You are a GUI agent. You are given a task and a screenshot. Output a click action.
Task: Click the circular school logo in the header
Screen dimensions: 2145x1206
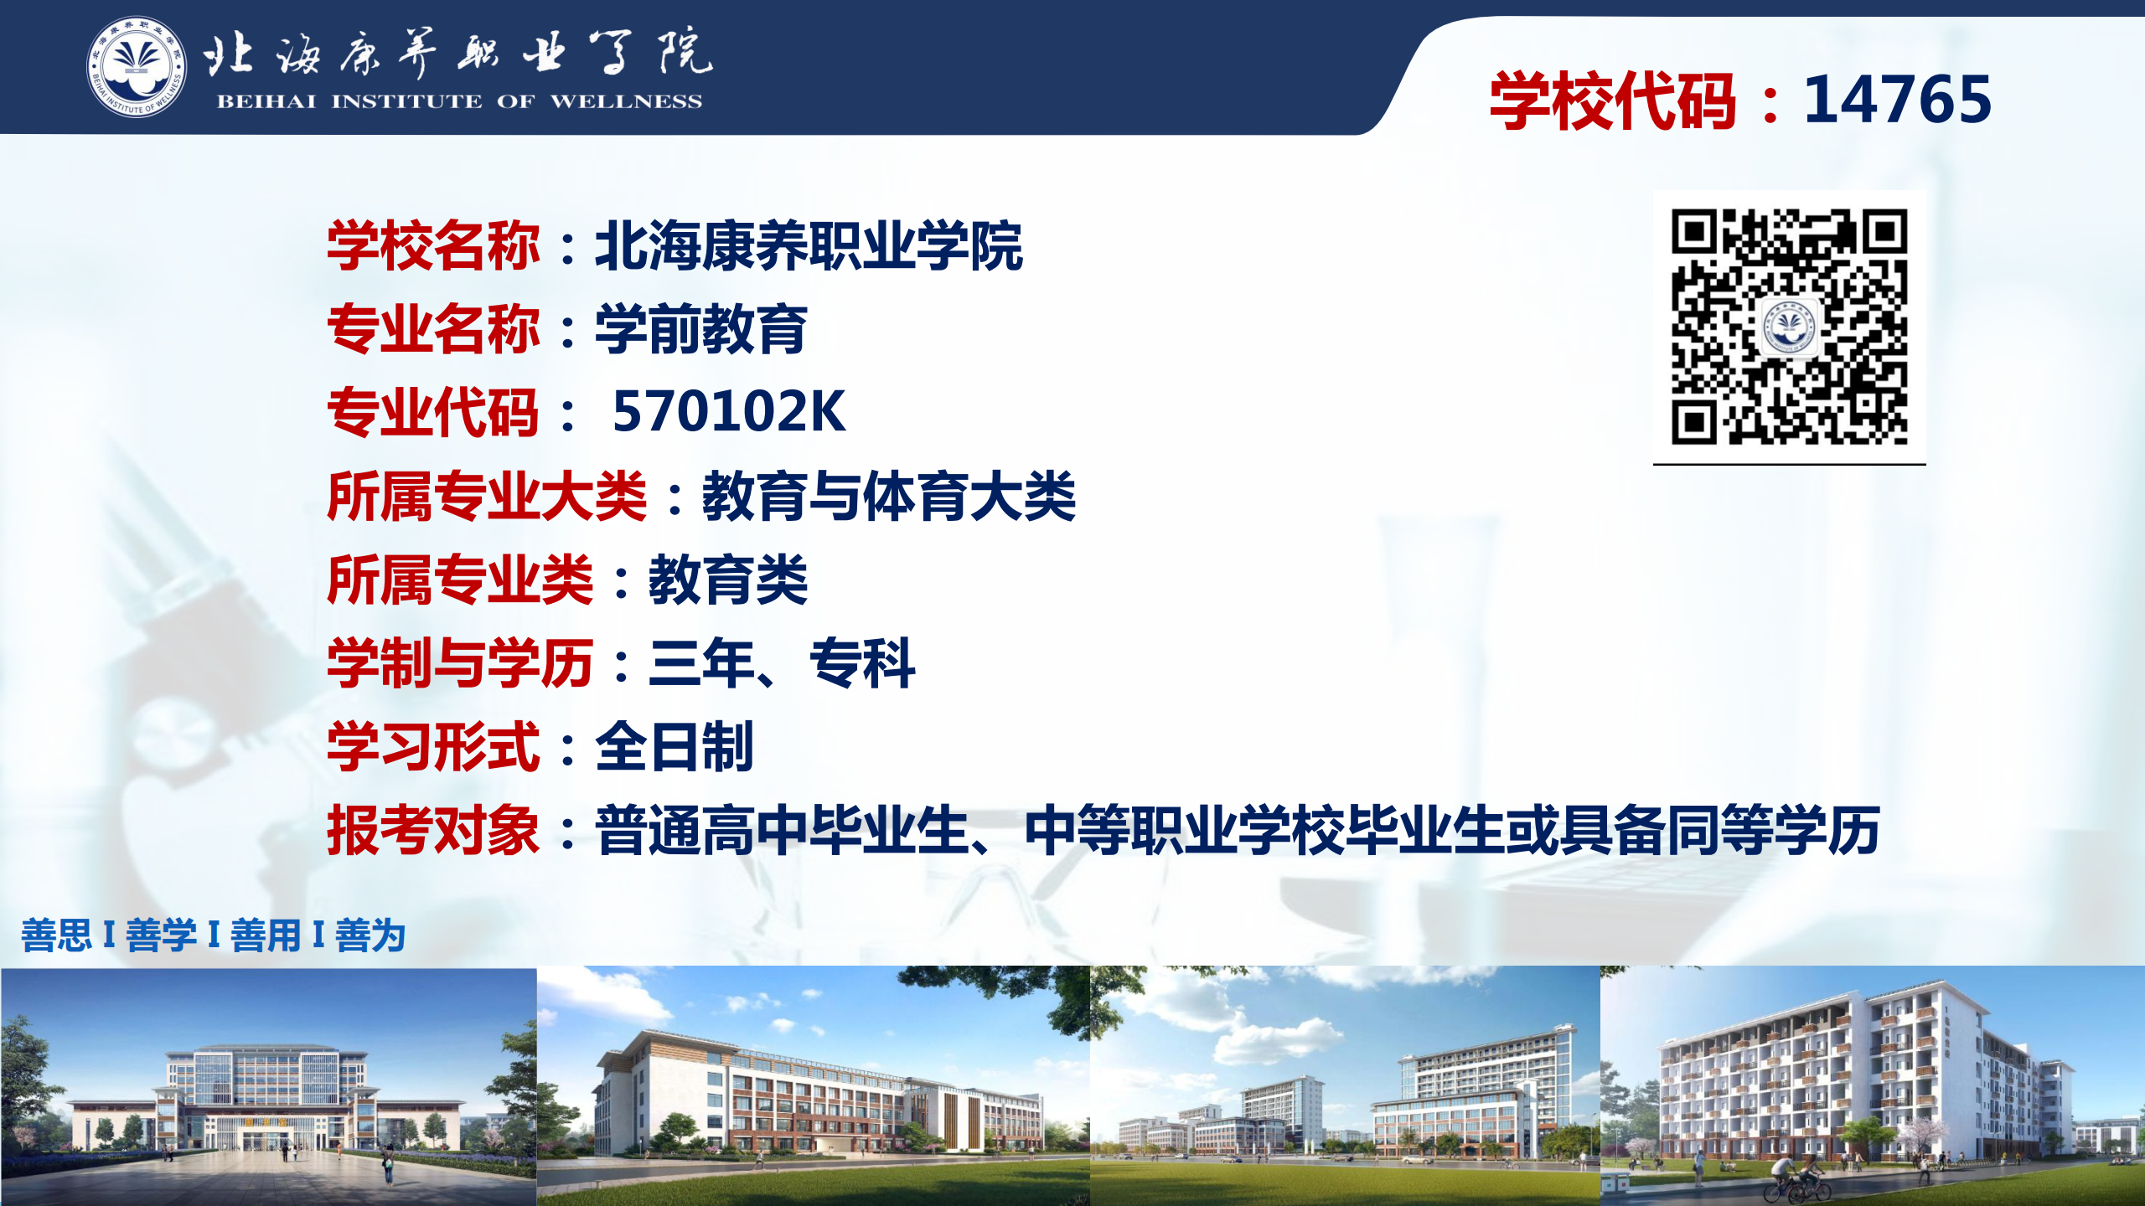[x=137, y=67]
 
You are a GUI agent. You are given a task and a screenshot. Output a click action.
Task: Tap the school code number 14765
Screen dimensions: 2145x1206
[x=1897, y=100]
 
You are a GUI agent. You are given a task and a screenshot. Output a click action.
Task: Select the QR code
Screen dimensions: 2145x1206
[x=1790, y=327]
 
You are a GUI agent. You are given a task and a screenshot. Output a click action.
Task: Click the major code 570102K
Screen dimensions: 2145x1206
[x=728, y=412]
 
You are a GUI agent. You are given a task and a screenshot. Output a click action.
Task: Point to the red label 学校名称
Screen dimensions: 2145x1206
[x=433, y=246]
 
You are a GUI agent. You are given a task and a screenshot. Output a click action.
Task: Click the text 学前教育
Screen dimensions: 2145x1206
[x=700, y=329]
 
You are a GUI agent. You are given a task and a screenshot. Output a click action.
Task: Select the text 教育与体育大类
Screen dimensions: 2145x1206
[x=888, y=496]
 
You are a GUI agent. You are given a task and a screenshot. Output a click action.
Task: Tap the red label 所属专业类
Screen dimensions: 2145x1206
[x=460, y=580]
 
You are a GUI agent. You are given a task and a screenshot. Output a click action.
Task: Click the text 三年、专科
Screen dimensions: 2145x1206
[x=781, y=663]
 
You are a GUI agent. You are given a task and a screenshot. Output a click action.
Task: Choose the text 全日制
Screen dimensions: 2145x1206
[x=674, y=747]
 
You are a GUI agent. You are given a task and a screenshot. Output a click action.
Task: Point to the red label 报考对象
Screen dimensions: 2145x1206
[x=433, y=831]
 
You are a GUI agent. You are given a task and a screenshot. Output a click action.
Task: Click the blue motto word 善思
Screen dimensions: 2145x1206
[x=56, y=935]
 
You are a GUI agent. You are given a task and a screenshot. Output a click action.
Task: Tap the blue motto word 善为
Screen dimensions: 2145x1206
[x=370, y=935]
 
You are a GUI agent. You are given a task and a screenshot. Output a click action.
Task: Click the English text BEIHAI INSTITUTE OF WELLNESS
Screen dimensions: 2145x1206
[x=459, y=101]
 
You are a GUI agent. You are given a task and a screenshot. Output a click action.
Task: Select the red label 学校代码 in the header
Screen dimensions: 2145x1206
[x=1612, y=100]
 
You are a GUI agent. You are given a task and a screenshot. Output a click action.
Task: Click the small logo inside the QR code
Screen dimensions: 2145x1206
[x=1790, y=327]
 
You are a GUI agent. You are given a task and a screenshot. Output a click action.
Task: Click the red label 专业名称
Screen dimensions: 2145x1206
[x=433, y=329]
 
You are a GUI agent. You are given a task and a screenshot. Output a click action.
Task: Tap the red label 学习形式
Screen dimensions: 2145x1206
[x=433, y=747]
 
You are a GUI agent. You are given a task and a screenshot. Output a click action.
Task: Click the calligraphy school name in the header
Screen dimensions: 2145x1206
[x=457, y=52]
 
